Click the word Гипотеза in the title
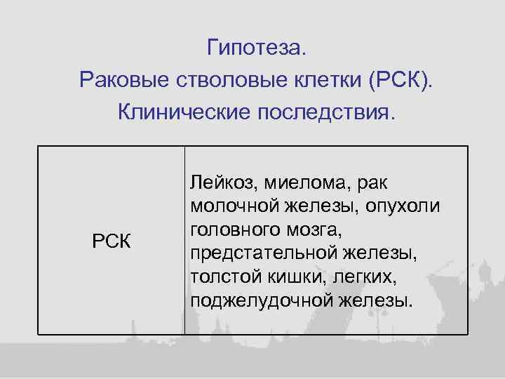pyautogui.click(x=257, y=48)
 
